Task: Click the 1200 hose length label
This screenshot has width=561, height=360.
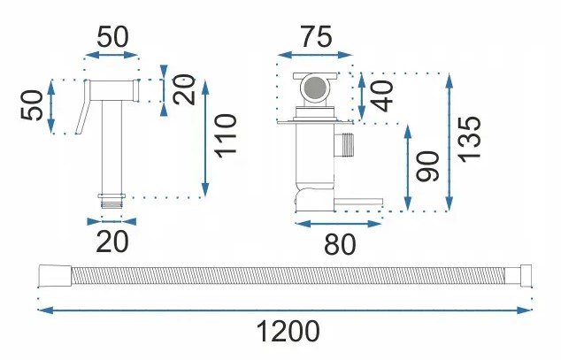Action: tap(287, 333)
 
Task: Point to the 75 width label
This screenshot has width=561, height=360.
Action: tap(315, 37)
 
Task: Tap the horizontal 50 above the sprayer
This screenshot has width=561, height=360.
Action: tap(112, 37)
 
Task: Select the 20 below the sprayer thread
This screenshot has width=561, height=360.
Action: tap(112, 241)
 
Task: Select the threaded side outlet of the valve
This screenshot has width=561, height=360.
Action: tap(345, 143)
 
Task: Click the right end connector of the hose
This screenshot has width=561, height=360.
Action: tap(524, 276)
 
